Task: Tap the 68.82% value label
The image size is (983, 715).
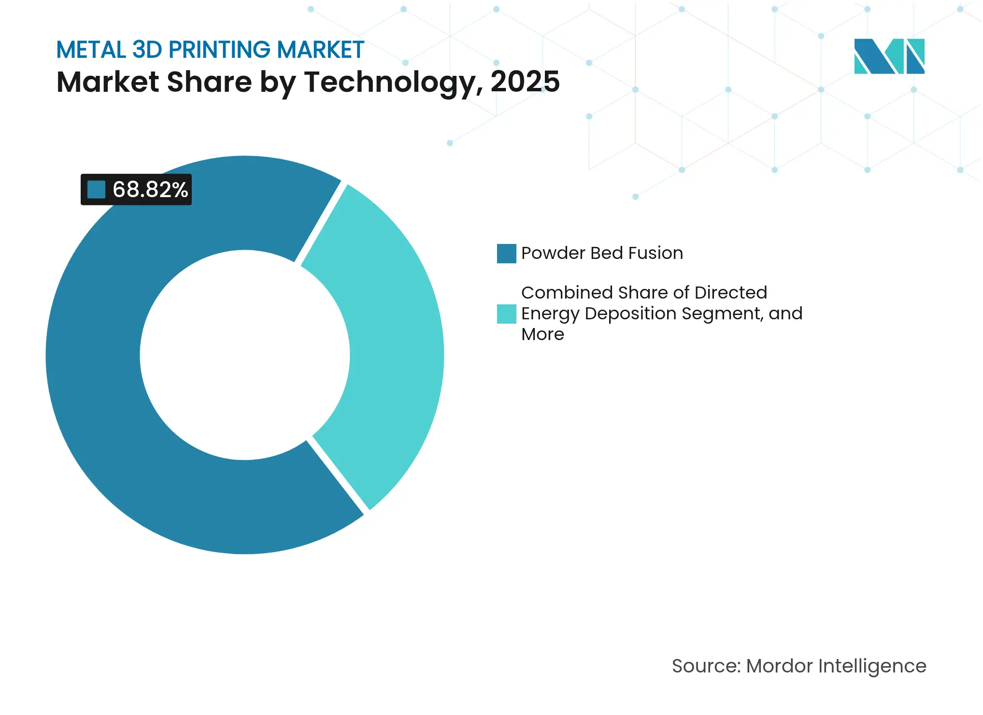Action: click(150, 189)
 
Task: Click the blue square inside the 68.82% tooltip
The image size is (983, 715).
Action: click(96, 189)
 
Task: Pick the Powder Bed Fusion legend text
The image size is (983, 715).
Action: click(602, 253)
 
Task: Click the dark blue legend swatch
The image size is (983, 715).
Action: click(506, 254)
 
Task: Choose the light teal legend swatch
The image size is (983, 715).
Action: click(506, 314)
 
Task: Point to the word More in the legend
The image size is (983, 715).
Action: click(542, 334)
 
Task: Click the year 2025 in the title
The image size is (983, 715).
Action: click(525, 82)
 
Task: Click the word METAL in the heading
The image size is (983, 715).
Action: click(91, 50)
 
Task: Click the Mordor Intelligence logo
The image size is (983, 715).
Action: click(889, 56)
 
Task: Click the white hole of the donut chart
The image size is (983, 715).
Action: click(244, 355)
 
